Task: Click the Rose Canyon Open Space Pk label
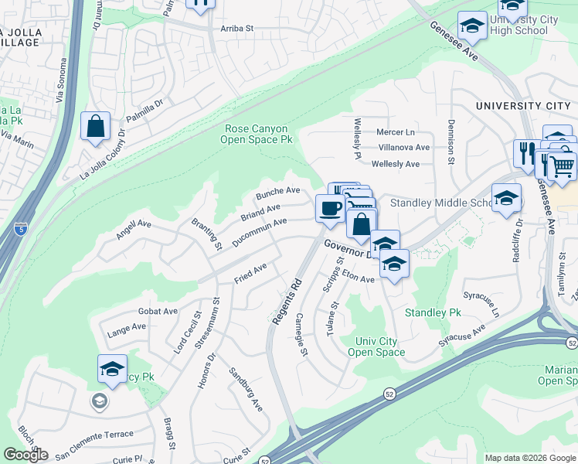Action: click(256, 135)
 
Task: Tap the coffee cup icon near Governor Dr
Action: click(331, 209)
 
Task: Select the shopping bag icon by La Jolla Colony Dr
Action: click(95, 127)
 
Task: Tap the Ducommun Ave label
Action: click(260, 232)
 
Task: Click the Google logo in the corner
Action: click(25, 455)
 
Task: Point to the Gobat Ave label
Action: click(158, 312)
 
